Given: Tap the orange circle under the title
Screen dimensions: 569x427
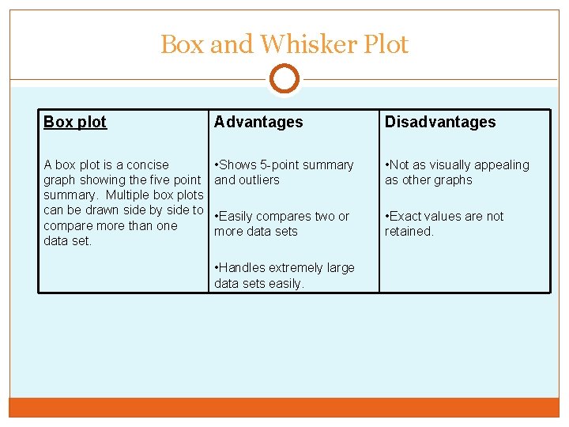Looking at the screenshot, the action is point(284,79).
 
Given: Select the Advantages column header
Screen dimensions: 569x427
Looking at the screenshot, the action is point(258,122).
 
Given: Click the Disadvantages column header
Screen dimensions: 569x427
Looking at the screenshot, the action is point(440,122).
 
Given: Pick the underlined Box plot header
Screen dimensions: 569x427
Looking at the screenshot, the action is point(75,122).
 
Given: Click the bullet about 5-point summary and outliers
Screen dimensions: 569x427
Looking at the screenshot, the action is point(284,172).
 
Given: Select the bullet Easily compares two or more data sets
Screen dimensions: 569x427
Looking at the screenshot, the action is point(281,224).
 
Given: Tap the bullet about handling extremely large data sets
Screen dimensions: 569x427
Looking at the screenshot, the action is point(284,275).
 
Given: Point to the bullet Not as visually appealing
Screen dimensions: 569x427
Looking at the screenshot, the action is point(457,172).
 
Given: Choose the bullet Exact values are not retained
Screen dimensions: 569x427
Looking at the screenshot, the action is point(444,224).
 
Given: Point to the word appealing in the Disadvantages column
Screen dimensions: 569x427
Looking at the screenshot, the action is point(503,164).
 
